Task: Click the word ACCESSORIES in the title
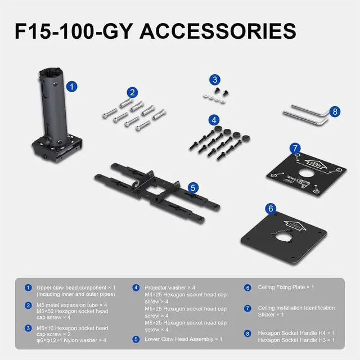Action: [x=218, y=31]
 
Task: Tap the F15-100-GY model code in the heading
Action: [x=74, y=31]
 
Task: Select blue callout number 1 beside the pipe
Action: [x=72, y=87]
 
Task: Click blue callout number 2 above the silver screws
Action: [x=132, y=92]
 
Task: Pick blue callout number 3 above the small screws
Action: [x=215, y=80]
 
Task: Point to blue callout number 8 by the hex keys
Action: [x=335, y=111]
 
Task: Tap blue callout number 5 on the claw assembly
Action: [x=193, y=188]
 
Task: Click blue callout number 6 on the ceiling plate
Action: [x=271, y=209]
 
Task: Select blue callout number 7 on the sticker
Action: [x=295, y=148]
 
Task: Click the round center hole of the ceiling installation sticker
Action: [x=307, y=173]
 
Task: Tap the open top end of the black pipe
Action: [x=50, y=71]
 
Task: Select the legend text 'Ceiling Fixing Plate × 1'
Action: [x=286, y=287]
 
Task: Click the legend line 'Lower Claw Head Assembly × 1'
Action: [x=183, y=339]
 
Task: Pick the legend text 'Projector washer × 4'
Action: [x=170, y=287]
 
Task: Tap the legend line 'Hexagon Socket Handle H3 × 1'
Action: [x=296, y=340]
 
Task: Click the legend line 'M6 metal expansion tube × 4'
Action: [x=71, y=305]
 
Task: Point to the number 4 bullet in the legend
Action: [x=136, y=287]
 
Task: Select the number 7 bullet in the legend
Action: [x=247, y=308]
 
